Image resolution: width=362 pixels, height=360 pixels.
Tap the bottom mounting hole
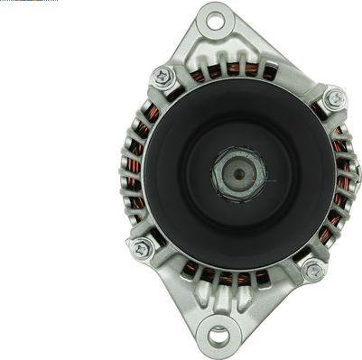click(x=219, y=338)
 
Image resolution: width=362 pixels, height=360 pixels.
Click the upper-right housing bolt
click(x=334, y=97)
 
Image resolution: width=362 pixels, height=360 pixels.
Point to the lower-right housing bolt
click(x=314, y=269)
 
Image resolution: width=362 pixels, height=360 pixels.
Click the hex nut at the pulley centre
click(x=239, y=172)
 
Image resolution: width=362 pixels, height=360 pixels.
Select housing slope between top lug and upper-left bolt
click(x=185, y=50)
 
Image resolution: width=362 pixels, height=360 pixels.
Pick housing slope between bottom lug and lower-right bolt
click(x=271, y=302)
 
